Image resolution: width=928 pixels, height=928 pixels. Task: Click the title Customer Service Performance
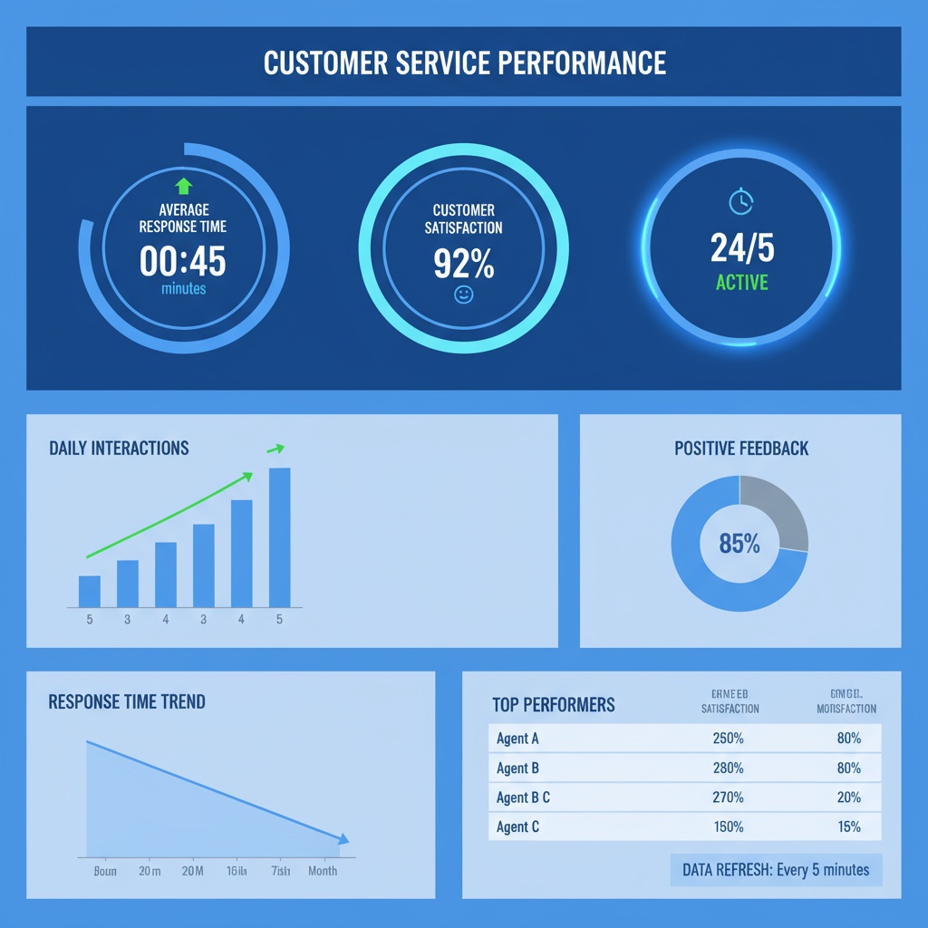coord(464,63)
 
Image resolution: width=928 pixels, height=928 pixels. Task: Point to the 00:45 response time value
coord(183,262)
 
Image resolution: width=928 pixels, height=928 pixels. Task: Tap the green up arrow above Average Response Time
coord(184,187)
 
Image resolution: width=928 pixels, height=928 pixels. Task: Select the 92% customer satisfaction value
coord(463,263)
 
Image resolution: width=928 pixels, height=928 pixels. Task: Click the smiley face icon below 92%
coord(463,295)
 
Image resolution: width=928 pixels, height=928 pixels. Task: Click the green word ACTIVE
coord(741,283)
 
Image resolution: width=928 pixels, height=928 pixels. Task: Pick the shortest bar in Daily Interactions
coord(90,591)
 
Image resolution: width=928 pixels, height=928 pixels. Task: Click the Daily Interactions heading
coord(119,448)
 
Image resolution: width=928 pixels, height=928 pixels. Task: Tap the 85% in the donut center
coord(739,544)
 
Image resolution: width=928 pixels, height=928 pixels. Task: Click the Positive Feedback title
coord(741,449)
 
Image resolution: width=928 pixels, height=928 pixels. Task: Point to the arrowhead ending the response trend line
coord(343,841)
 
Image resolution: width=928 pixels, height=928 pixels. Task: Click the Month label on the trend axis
coord(322,871)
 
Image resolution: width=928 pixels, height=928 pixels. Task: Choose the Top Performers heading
coord(553,705)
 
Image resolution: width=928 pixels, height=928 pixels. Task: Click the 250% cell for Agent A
coord(728,739)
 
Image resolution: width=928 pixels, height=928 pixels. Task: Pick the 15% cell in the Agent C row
coord(848,826)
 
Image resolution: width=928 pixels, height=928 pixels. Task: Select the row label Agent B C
coord(523,798)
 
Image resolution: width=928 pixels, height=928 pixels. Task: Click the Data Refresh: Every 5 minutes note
coord(775,870)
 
